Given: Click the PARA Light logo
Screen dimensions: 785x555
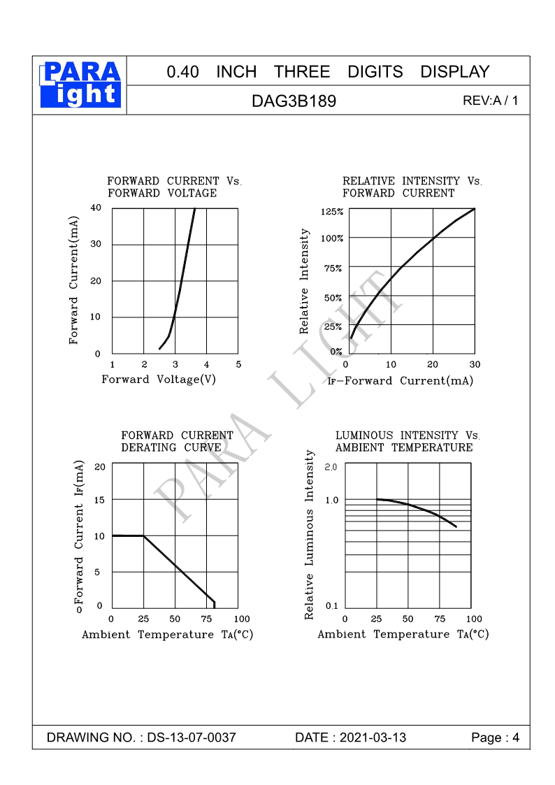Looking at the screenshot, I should coord(81,85).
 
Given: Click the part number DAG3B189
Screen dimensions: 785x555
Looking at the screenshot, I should coord(294,101).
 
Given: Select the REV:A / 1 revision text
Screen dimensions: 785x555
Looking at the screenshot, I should coord(491,101).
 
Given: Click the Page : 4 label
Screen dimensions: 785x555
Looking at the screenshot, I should coord(496,738).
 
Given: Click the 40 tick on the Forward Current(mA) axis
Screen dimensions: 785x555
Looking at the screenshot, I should coord(96,208).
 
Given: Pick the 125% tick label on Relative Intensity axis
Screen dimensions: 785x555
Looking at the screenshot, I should coord(332,212).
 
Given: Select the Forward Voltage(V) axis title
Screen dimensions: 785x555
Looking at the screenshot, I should coord(159,380).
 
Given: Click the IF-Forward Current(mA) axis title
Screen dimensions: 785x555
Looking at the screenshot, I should coord(401,381).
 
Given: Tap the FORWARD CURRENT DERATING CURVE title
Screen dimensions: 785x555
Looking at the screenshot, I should coord(178,441).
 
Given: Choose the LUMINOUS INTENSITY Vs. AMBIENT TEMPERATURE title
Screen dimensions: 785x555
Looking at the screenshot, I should coord(408,441).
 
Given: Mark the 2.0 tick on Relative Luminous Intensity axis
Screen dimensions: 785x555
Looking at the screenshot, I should coord(331,466).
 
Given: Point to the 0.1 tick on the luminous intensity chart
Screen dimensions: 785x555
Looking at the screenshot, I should coord(331,605).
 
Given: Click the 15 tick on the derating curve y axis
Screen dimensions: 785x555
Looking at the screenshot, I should coord(99,500).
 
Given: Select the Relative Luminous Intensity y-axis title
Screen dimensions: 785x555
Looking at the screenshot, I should coord(310,535).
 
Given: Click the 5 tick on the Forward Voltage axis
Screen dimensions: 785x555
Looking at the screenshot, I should coord(238,364).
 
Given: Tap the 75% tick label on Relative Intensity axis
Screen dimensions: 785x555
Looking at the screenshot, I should coord(333,268).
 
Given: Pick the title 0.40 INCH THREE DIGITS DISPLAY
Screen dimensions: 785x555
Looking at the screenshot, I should coord(328,72).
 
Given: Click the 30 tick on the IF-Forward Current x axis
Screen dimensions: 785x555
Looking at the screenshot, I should coord(475,364).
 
